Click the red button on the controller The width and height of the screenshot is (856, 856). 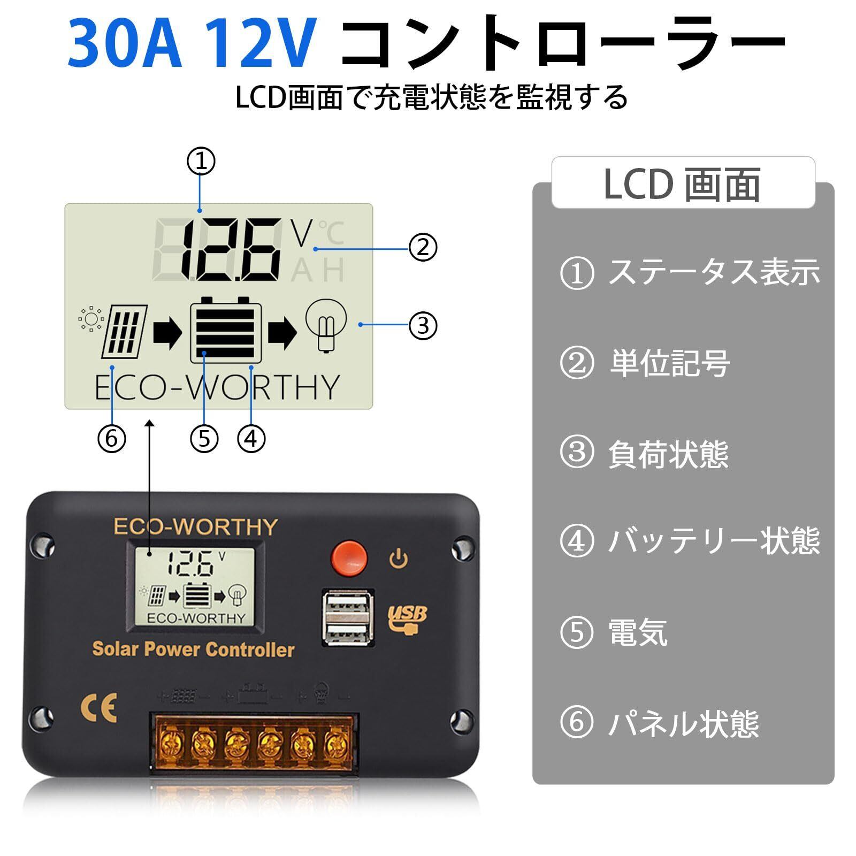[x=349, y=556]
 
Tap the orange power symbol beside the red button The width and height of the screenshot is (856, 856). [x=399, y=559]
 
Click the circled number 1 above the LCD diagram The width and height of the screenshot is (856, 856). [x=201, y=161]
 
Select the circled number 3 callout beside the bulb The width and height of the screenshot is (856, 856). [x=423, y=325]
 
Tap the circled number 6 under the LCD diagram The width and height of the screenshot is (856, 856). [x=111, y=439]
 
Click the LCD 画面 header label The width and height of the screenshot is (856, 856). [x=682, y=184]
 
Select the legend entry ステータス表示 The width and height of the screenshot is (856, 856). [x=714, y=272]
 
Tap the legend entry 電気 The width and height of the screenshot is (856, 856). [x=638, y=632]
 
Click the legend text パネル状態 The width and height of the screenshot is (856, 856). [x=683, y=723]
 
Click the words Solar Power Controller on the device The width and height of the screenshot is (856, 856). [x=193, y=649]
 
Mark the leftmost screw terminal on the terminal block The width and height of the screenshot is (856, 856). [x=172, y=743]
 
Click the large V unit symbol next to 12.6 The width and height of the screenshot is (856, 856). [x=301, y=234]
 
